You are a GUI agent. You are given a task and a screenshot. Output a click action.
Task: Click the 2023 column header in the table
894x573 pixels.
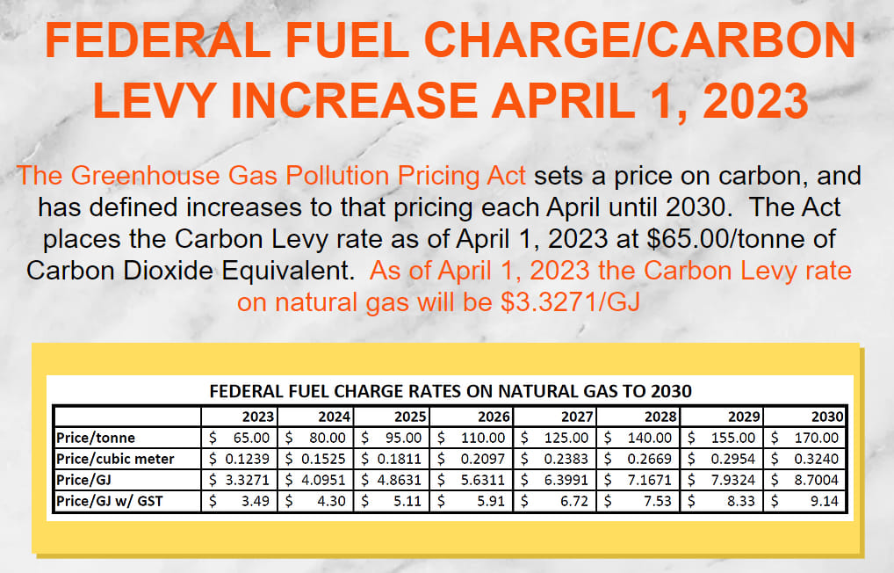tap(259, 417)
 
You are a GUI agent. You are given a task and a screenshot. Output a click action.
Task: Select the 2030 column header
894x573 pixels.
tap(828, 417)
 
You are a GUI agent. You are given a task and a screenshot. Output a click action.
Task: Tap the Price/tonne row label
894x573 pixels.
tap(96, 438)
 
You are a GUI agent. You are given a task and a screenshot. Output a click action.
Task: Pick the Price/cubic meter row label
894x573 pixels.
tap(115, 459)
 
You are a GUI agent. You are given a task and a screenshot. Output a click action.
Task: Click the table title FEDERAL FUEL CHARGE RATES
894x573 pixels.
tap(450, 391)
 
